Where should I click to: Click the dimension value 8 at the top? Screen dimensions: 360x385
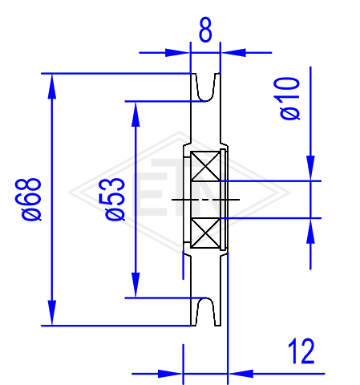point(205,30)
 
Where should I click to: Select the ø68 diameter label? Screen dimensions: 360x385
point(31,199)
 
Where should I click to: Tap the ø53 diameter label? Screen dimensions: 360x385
point(115,199)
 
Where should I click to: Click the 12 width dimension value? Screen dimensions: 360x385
point(301,351)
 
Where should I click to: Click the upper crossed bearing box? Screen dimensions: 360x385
point(205,166)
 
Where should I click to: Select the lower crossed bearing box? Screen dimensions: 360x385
point(205,233)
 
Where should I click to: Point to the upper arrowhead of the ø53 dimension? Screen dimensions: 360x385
point(136,114)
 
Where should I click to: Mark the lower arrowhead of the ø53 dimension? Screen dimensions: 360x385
point(136,285)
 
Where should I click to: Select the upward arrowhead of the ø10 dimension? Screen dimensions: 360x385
point(310,231)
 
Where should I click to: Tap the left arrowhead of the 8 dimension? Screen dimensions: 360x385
point(177,53)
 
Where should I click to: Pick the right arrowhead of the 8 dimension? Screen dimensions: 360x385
point(233,53)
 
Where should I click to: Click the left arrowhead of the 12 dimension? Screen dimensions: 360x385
point(170,374)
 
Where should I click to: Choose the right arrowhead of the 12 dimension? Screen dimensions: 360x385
point(241,374)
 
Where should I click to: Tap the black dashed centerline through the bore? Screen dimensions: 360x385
point(205,200)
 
